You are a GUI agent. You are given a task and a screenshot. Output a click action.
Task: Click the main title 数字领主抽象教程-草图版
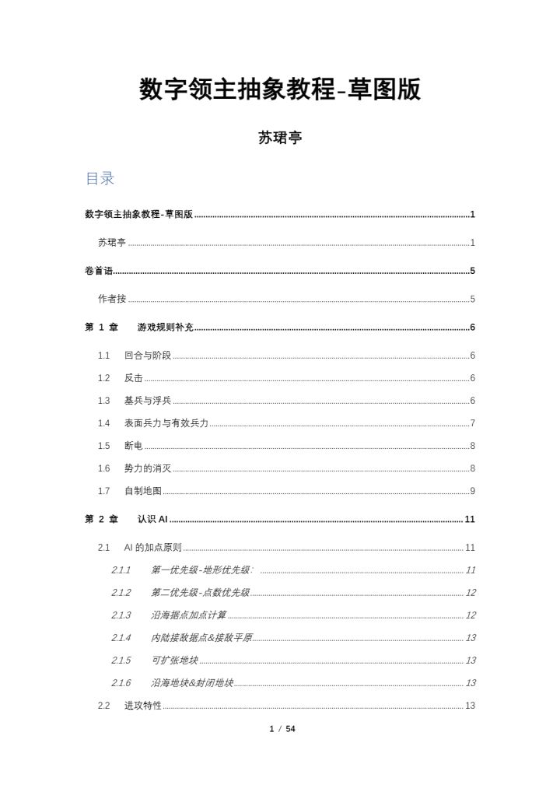click(280, 89)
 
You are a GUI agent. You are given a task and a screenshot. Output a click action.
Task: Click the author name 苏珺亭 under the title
click(280, 138)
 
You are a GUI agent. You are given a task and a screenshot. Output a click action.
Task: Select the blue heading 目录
click(100, 179)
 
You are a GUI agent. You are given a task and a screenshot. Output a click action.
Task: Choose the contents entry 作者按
click(112, 299)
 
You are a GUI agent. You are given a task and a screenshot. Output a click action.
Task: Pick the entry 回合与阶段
click(148, 356)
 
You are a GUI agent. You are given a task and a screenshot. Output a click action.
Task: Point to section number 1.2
click(104, 378)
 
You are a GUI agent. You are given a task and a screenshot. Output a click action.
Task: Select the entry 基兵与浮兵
click(148, 401)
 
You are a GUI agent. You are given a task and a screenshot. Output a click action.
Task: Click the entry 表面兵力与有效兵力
click(166, 423)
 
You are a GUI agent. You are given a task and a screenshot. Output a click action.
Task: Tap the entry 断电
click(133, 446)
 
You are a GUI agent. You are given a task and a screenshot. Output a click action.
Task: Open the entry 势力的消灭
click(148, 468)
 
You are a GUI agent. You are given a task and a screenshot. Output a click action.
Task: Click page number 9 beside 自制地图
click(472, 491)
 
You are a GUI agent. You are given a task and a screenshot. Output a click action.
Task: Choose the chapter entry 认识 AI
click(152, 519)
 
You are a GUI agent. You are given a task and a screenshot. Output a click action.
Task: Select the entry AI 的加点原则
click(152, 548)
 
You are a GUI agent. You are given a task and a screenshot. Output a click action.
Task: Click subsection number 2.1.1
click(121, 570)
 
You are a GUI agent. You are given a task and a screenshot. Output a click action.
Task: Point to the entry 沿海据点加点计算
click(188, 615)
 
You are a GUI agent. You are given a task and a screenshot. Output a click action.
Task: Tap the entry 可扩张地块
click(174, 661)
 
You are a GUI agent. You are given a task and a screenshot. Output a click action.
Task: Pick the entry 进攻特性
click(143, 706)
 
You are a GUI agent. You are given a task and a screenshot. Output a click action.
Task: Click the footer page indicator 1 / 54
click(282, 729)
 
